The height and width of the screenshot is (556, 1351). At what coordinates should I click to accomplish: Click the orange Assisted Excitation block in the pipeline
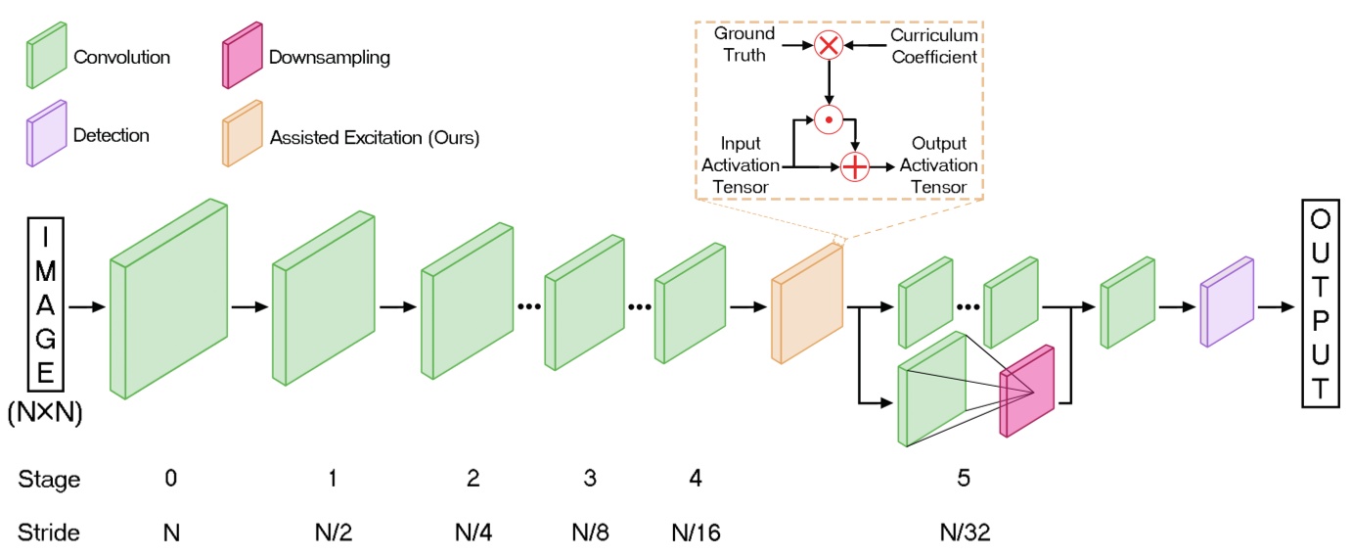click(x=806, y=304)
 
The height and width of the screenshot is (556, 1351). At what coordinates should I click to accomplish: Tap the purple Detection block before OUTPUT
click(x=1226, y=302)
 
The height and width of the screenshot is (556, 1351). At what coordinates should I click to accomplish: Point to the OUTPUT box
click(x=1321, y=306)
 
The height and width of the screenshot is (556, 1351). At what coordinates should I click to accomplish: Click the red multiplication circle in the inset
click(x=829, y=45)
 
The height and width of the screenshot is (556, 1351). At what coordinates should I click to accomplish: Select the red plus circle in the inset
click(x=855, y=167)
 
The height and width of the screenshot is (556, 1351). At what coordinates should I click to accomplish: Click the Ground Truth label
click(x=744, y=44)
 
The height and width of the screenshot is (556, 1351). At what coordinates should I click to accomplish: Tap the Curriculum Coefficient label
click(x=933, y=45)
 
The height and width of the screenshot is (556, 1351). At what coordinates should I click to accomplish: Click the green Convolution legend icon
click(x=47, y=58)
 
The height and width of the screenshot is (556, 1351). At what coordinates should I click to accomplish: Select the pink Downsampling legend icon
click(x=243, y=58)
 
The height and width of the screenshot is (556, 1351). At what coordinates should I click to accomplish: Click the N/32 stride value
click(x=965, y=533)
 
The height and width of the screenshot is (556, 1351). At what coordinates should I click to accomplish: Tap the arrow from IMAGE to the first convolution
click(x=88, y=307)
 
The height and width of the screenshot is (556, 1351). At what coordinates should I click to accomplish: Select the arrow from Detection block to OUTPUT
click(x=1276, y=307)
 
